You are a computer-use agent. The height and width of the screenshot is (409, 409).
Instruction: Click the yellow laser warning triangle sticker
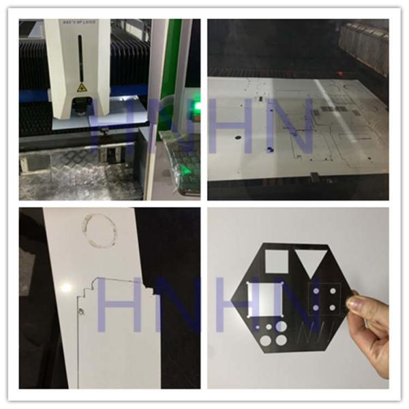[x=81, y=87]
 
